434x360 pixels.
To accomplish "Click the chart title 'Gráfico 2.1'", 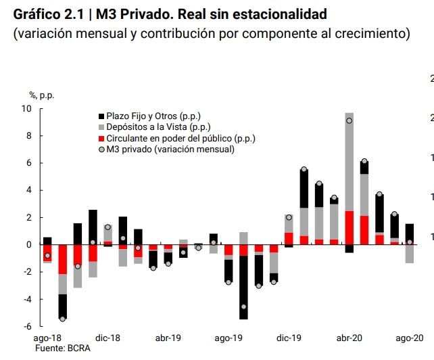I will pyautogui.click(x=48, y=14).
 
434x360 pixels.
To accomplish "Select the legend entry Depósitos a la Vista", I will pyautogui.click(x=153, y=127).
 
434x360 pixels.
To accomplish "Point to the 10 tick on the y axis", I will pyautogui.click(x=26, y=109).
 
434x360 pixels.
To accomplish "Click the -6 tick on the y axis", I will pyautogui.click(x=26, y=327).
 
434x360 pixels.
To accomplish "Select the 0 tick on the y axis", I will pyautogui.click(x=29, y=245).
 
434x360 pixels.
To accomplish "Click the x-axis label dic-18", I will pyautogui.click(x=107, y=338).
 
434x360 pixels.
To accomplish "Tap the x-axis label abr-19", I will pyautogui.click(x=168, y=338).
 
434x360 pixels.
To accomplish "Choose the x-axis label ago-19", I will pyautogui.click(x=228, y=338).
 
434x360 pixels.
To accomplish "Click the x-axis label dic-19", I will pyautogui.click(x=289, y=338).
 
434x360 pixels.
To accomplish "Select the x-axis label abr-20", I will pyautogui.click(x=349, y=338).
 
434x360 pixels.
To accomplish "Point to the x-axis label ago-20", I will pyautogui.click(x=410, y=338).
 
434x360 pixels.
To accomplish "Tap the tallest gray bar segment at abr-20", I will pyautogui.click(x=349, y=162).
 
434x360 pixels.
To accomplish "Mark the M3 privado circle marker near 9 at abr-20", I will pyautogui.click(x=349, y=121).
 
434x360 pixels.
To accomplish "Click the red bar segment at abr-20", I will pyautogui.click(x=349, y=228).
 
